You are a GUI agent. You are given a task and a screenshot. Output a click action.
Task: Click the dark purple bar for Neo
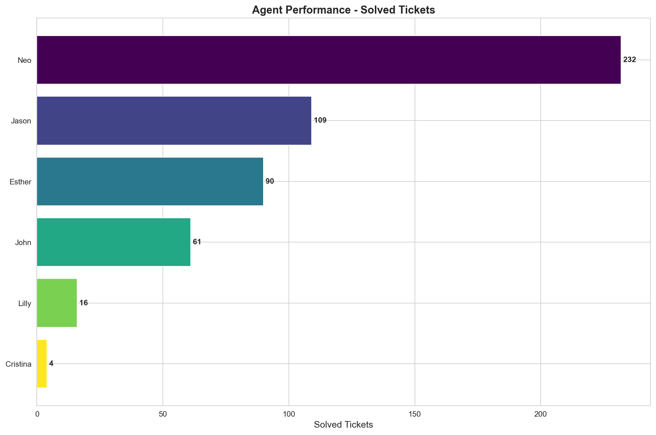click(329, 60)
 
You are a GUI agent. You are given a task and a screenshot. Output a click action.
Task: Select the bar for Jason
click(174, 121)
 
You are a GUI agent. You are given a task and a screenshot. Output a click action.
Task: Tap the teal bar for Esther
click(150, 181)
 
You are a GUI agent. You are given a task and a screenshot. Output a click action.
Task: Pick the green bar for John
click(114, 242)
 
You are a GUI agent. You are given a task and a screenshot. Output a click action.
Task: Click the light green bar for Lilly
click(57, 303)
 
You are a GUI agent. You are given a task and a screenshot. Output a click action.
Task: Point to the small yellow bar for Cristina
click(42, 364)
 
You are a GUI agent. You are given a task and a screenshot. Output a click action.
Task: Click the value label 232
click(629, 60)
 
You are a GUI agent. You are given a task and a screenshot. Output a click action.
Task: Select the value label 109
click(320, 121)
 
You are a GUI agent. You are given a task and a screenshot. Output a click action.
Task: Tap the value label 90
click(270, 181)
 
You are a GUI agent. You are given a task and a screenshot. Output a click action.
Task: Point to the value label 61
click(197, 242)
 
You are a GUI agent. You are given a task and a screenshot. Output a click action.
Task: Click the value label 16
click(83, 303)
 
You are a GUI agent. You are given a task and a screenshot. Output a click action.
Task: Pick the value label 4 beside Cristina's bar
click(51, 364)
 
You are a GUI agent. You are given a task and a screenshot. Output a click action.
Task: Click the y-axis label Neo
click(24, 60)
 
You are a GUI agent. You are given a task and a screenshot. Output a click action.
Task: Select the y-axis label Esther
click(21, 182)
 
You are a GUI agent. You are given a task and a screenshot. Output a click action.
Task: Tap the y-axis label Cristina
click(18, 364)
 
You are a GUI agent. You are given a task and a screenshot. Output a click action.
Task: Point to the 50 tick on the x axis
click(163, 414)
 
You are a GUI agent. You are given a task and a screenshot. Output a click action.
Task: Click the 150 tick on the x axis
click(415, 414)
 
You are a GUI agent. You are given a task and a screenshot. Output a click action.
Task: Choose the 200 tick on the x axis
click(540, 414)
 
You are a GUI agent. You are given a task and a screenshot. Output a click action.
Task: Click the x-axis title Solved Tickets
click(343, 425)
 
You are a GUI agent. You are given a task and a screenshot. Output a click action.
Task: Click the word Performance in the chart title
click(325, 10)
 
